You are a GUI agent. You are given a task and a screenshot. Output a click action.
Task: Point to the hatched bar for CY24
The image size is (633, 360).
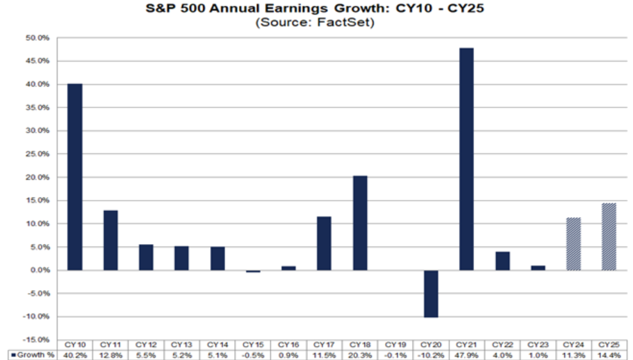(573, 244)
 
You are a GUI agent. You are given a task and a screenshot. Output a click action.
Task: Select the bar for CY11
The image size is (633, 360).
(110, 240)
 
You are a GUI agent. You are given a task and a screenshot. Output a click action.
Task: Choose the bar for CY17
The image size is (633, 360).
(324, 243)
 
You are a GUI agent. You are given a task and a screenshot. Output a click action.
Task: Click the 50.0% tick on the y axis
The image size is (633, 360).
(38, 38)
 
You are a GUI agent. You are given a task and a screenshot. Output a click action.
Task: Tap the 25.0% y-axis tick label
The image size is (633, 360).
(38, 154)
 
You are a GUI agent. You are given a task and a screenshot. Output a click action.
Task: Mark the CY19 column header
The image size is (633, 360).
(395, 344)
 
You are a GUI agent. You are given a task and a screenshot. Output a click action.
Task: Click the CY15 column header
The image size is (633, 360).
(252, 344)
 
